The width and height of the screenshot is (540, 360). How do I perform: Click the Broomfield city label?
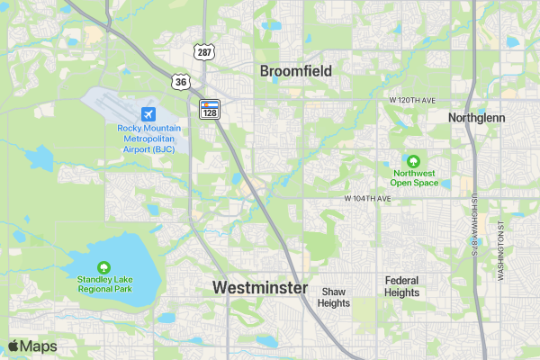296,71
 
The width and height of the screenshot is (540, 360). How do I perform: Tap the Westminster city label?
260,288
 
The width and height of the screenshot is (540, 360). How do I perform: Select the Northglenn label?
477,118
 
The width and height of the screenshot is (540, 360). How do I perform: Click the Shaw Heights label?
333,298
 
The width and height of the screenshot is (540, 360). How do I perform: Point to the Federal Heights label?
401,286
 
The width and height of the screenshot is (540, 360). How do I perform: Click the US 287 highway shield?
205,53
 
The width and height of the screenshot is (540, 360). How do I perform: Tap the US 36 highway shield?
182,82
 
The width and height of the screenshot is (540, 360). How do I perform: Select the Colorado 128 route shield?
209,109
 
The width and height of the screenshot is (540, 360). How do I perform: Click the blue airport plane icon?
148,114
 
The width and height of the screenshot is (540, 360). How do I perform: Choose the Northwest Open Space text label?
414,177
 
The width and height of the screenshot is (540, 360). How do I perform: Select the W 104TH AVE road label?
367,197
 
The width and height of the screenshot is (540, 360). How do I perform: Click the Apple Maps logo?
32,346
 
